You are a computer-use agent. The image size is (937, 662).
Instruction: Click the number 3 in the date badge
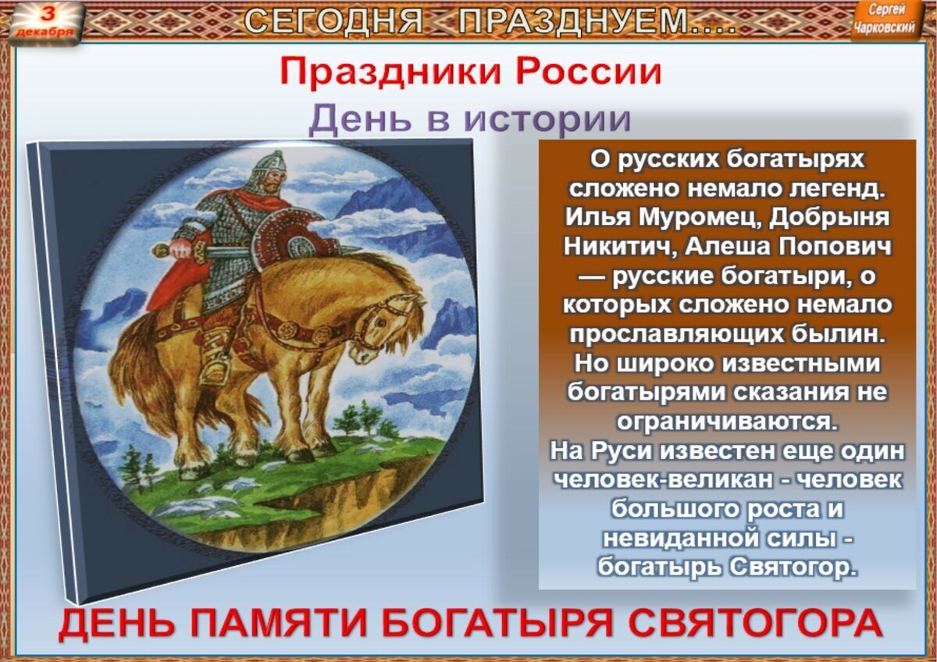(49, 14)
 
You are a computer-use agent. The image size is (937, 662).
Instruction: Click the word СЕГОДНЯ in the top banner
(333, 21)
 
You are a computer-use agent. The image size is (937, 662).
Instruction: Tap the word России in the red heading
(589, 73)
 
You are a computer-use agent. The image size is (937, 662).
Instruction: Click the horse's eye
(379, 323)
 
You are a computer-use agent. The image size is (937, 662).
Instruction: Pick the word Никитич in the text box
(622, 247)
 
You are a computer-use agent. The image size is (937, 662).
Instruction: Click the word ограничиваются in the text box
(728, 422)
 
